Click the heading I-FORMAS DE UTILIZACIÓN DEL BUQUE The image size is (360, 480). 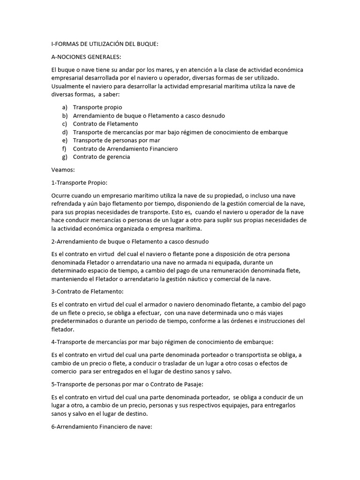[105, 44]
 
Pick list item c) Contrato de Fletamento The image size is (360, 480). [105, 124]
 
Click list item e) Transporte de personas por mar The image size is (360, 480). [116, 140]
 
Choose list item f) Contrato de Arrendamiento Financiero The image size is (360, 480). [125, 149]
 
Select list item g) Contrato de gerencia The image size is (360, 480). [102, 157]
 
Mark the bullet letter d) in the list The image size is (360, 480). [65, 132]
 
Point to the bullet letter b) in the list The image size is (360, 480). [65, 116]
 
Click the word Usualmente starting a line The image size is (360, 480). [67, 87]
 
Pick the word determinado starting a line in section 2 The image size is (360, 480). [69, 271]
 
